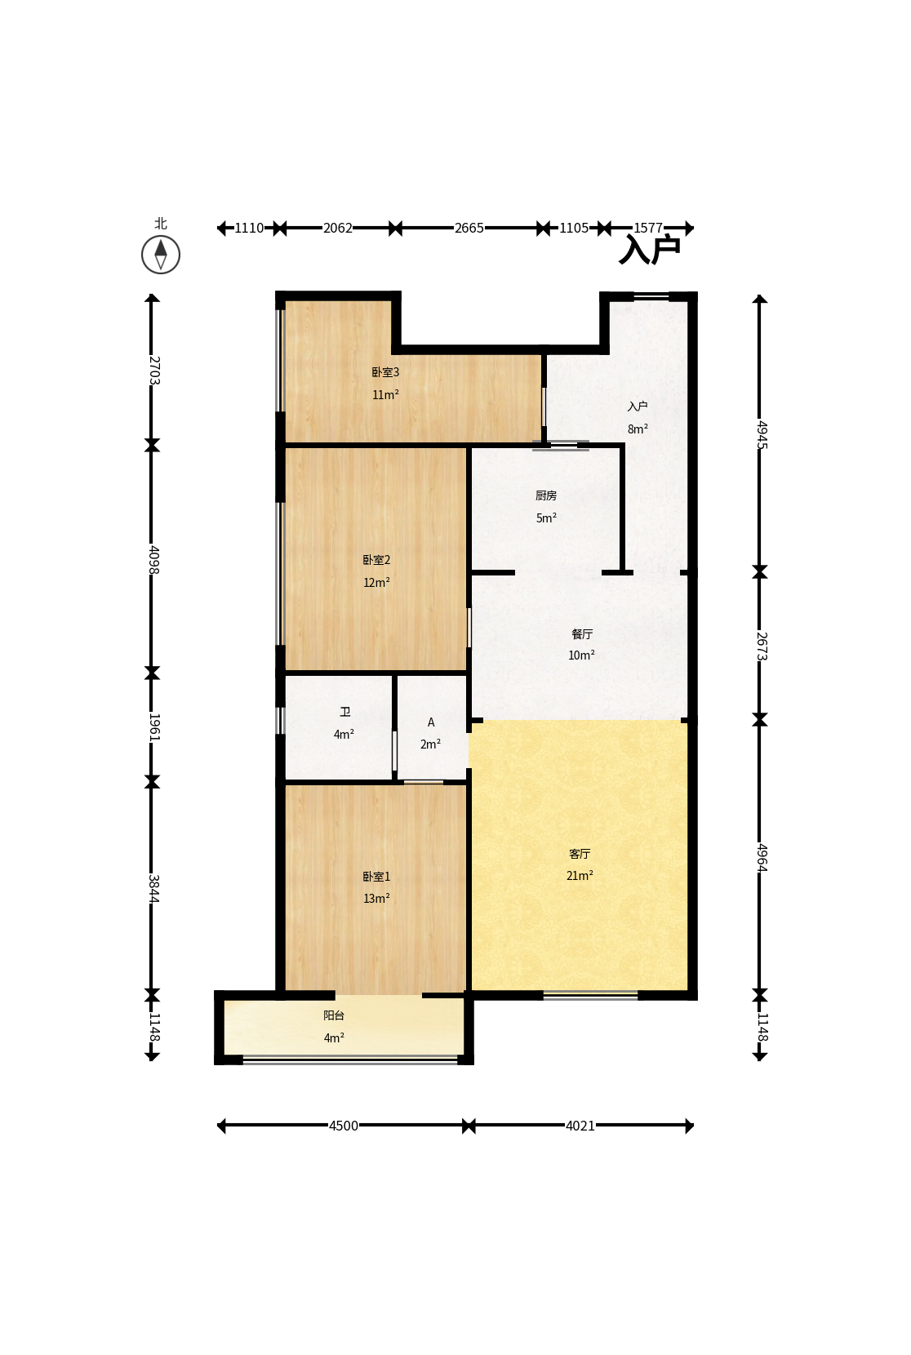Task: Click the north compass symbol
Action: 160,255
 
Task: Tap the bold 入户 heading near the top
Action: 650,250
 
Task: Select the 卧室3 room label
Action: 385,372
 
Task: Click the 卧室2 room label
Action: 376,560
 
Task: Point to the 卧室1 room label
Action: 376,877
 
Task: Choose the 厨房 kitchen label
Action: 545,496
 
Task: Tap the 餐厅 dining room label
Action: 582,634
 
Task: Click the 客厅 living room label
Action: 580,854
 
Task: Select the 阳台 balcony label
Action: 334,1015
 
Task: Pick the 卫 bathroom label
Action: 344,712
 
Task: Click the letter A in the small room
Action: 431,722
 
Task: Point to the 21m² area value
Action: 580,875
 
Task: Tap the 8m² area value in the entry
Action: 638,429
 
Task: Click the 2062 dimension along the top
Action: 337,228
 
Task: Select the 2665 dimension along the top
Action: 469,228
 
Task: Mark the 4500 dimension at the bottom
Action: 344,1126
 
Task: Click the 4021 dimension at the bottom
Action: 580,1126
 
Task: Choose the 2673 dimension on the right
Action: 762,646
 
